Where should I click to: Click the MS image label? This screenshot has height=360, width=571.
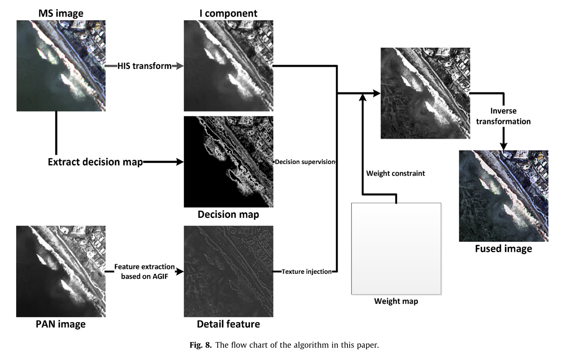click(61, 13)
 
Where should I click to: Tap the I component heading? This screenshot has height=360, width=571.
click(228, 13)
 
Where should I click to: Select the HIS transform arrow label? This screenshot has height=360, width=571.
click(144, 66)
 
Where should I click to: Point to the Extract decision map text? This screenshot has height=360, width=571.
click(95, 162)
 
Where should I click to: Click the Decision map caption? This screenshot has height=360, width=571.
click(228, 214)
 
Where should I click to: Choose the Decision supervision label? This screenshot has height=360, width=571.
click(305, 162)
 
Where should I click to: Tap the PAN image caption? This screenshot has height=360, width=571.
click(61, 324)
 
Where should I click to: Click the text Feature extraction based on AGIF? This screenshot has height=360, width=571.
click(144, 271)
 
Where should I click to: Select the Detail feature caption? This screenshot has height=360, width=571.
click(228, 324)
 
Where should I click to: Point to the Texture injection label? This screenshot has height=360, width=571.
click(306, 271)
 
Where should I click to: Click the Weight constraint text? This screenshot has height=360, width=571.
click(396, 173)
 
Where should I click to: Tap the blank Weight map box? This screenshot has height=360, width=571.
click(396, 249)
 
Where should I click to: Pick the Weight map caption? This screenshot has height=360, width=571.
click(396, 301)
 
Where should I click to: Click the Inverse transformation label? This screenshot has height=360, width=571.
click(503, 116)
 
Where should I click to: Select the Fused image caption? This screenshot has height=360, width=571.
click(503, 249)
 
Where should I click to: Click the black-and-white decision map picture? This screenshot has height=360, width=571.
click(228, 162)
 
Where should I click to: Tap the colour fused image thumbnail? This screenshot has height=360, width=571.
click(503, 196)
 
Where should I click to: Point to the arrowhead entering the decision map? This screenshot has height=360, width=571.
click(180, 162)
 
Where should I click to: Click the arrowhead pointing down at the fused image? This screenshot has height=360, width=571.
click(503, 146)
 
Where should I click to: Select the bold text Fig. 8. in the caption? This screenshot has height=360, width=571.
click(200, 345)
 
